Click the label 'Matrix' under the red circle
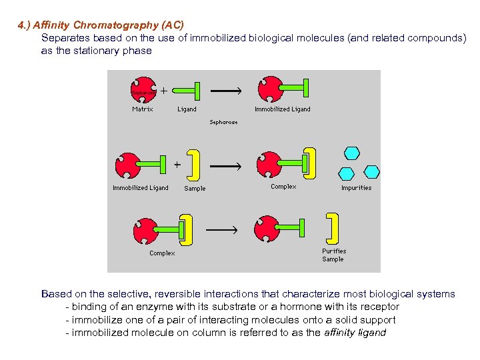[x=142, y=109]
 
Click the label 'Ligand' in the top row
[x=187, y=109]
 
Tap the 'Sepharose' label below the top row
[x=223, y=123]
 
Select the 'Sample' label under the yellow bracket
[x=195, y=189]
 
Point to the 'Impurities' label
[x=356, y=188]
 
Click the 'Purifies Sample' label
[x=333, y=255]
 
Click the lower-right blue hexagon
[x=371, y=172]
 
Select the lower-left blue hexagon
[x=347, y=173]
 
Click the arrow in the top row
[x=226, y=90]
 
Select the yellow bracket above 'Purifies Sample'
[x=331, y=227]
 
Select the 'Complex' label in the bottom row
[x=162, y=253]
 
